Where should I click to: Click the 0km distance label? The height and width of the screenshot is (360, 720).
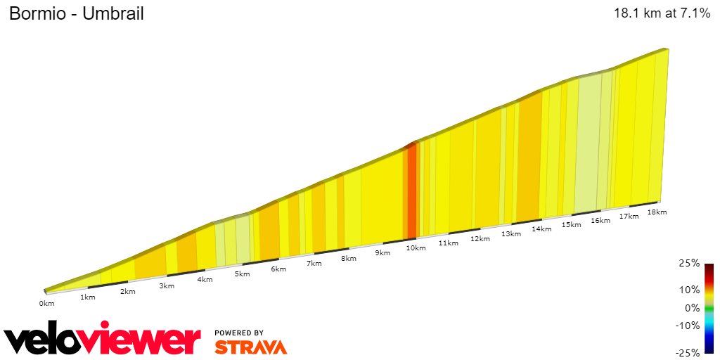[x=46, y=303]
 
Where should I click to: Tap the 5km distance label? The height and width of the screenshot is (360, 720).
[x=242, y=274]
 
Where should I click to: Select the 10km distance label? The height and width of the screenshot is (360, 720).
[x=416, y=247]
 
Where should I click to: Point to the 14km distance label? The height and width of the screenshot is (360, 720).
[x=541, y=229]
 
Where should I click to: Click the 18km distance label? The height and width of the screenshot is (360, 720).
[x=657, y=212]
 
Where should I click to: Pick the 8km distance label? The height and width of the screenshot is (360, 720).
[x=348, y=258]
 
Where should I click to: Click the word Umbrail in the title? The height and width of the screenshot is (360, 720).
[x=112, y=13]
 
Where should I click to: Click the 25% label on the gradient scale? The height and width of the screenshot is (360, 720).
[x=690, y=263]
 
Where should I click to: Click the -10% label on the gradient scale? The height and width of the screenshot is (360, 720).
[x=688, y=325]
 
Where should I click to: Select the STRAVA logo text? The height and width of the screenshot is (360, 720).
[x=250, y=347]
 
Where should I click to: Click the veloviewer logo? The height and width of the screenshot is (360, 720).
[x=102, y=340]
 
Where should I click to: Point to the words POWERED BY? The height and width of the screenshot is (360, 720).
[x=239, y=333]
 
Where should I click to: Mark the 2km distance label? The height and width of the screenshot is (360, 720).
[x=127, y=291]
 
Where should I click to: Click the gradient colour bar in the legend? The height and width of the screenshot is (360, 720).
[x=709, y=308]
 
